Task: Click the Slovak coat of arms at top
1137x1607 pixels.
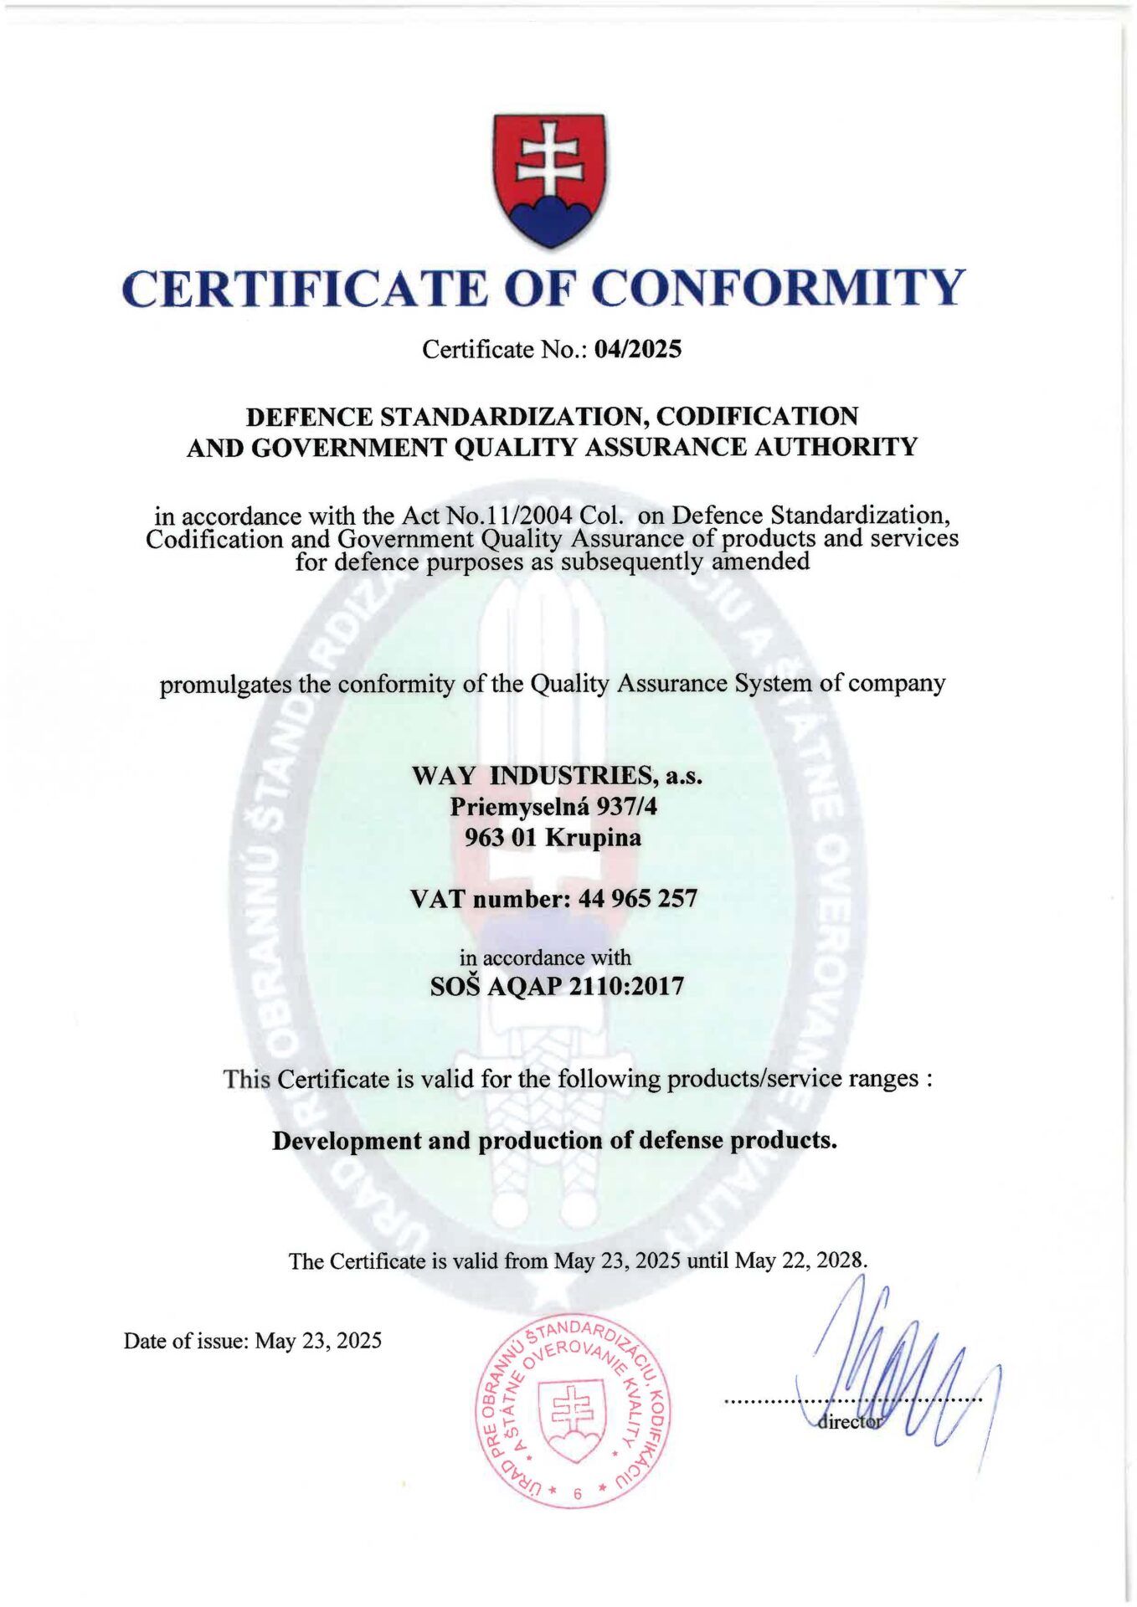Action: pyautogui.click(x=549, y=180)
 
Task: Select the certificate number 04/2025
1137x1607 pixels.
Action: pyautogui.click(x=637, y=349)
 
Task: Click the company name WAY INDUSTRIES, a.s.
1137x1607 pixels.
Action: pyautogui.click(x=557, y=776)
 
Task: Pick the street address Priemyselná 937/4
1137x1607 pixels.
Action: pyautogui.click(x=553, y=807)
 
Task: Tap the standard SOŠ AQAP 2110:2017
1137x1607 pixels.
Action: pyautogui.click(x=557, y=987)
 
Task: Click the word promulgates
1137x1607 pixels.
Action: pyautogui.click(x=225, y=685)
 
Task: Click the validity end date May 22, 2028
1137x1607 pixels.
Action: pyautogui.click(x=800, y=1260)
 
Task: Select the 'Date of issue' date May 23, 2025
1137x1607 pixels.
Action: pyautogui.click(x=318, y=1341)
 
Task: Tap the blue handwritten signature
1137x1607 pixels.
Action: pyautogui.click(x=896, y=1373)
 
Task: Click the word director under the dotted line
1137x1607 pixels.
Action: pyautogui.click(x=849, y=1421)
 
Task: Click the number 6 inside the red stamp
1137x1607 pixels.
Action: pyautogui.click(x=577, y=1493)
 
